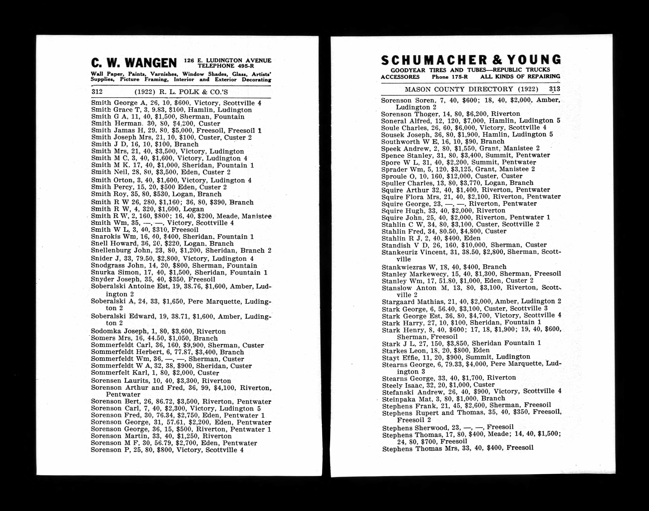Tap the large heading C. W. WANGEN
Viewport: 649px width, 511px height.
[134, 63]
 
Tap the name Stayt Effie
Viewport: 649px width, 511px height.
[400, 357]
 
